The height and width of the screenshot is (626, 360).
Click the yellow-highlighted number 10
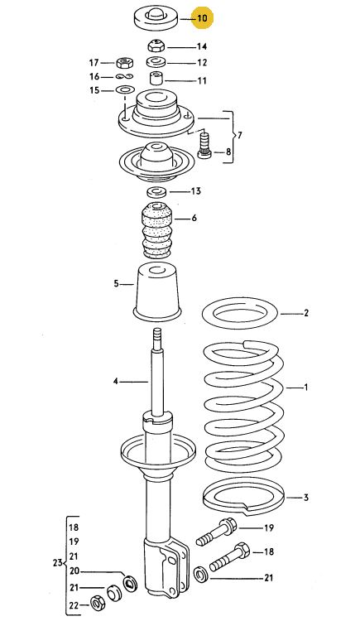click(203, 18)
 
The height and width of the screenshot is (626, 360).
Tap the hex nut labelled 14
click(156, 46)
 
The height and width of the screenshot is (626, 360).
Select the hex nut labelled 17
click(124, 63)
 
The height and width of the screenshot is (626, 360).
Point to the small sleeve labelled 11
click(156, 78)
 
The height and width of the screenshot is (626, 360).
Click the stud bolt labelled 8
click(204, 146)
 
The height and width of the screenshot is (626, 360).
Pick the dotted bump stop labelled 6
click(157, 230)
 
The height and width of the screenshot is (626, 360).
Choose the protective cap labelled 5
click(158, 292)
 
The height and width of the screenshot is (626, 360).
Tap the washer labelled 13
click(156, 192)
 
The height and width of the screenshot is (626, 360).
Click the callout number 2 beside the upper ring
click(306, 313)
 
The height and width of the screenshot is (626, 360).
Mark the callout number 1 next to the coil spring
click(306, 387)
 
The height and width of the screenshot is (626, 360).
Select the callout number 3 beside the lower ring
click(306, 498)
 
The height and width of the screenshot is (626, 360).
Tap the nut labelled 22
click(97, 603)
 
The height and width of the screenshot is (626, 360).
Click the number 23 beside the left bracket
click(58, 562)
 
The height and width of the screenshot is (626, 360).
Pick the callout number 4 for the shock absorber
click(115, 382)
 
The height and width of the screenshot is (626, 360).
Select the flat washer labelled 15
click(125, 89)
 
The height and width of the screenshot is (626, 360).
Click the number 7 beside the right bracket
click(239, 135)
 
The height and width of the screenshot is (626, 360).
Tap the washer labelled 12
click(156, 63)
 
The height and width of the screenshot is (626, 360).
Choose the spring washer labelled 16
click(125, 77)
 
